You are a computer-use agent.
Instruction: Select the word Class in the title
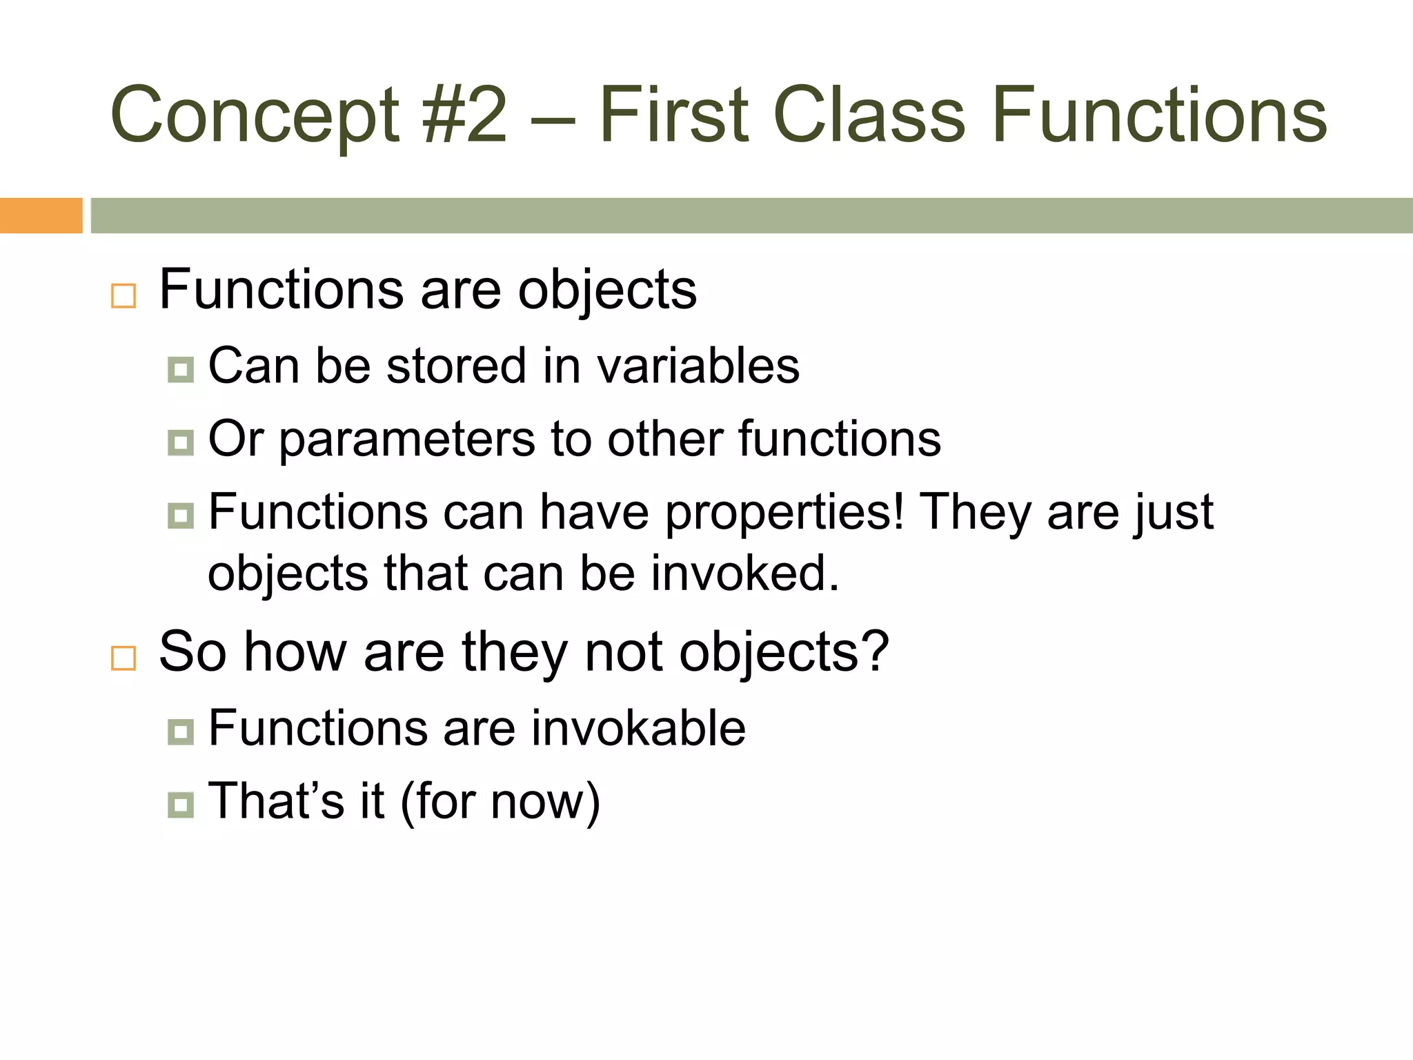pos(869,115)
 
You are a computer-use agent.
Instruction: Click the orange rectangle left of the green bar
pos(41,215)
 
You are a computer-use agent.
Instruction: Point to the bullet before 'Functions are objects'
pos(123,296)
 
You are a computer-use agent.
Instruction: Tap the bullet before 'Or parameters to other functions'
pos(181,442)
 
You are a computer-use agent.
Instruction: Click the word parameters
pos(407,440)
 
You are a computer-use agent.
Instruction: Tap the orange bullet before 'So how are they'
pos(123,658)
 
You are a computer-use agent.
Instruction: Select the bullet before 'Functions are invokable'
pos(181,732)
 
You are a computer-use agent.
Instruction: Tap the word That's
pos(276,801)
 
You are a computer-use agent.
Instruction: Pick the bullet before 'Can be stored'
pos(181,370)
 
